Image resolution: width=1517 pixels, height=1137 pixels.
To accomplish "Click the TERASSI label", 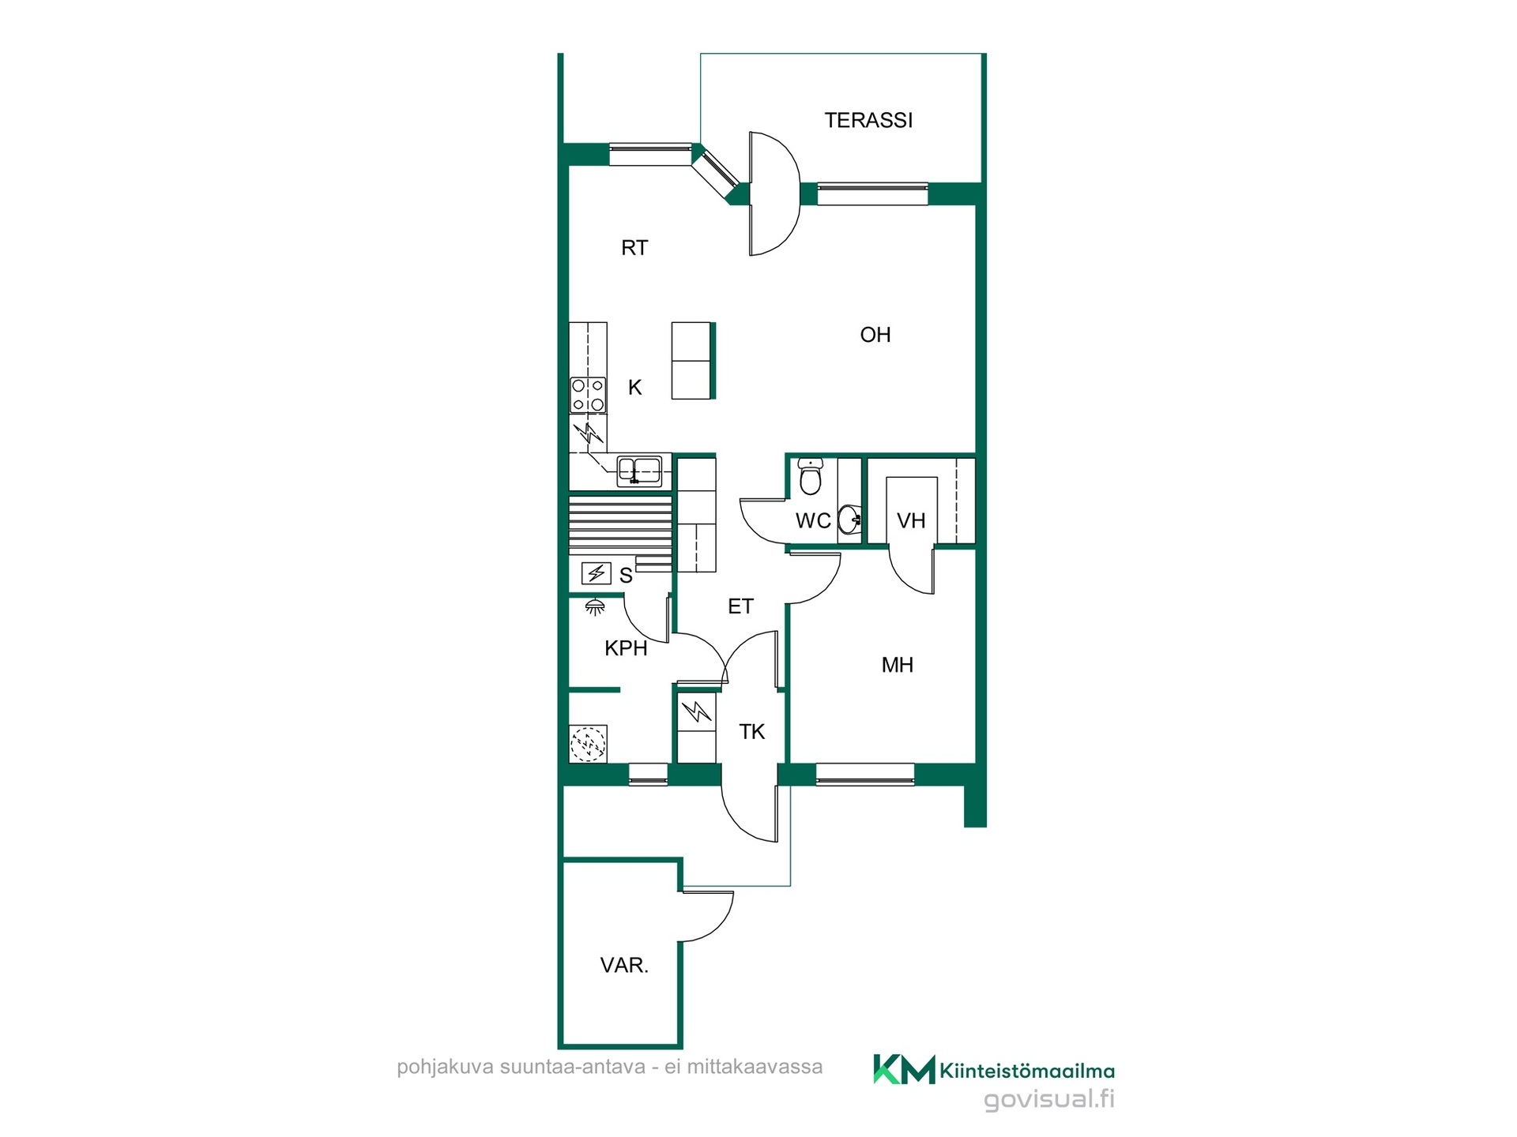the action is tap(868, 120).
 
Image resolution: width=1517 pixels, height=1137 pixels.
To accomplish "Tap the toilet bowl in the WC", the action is tap(810, 476).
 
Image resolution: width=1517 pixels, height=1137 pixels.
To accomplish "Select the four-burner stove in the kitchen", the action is tap(588, 396).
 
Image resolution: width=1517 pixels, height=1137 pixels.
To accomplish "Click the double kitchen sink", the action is tap(639, 471).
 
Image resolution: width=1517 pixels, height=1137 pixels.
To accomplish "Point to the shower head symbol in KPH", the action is tap(595, 607).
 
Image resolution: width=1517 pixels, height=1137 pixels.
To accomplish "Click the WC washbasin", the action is tap(849, 520).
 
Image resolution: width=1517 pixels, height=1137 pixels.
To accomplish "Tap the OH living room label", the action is tap(875, 335).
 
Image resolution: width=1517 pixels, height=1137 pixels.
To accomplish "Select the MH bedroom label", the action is tap(897, 665).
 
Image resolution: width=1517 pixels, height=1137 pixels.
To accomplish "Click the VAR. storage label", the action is tap(624, 965).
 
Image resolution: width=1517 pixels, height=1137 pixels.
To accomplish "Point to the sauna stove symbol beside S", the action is tap(596, 572).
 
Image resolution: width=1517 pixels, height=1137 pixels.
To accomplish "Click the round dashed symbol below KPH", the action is tap(588, 744).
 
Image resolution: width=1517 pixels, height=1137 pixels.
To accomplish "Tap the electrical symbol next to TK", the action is tap(696, 712).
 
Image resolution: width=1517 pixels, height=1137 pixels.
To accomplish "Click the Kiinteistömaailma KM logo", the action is tap(993, 1070).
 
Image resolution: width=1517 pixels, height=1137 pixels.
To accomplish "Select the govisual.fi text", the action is tap(1049, 1099).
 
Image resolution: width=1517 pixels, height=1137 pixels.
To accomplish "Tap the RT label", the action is tap(634, 248).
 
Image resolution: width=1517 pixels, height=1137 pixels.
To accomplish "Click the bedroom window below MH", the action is tap(864, 774).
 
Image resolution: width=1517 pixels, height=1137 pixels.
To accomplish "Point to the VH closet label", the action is tap(911, 521).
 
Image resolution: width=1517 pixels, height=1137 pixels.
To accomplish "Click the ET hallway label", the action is tap(740, 606).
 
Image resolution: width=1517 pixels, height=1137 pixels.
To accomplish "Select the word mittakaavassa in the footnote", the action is tap(755, 1067).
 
